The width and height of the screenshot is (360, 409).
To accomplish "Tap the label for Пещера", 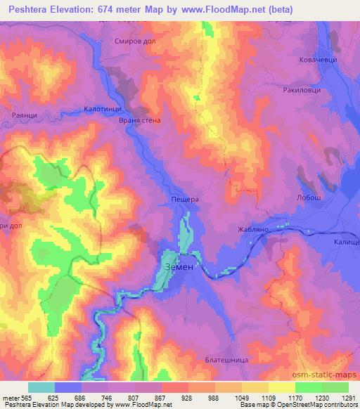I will [186, 200].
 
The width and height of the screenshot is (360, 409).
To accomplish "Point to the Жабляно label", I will [253, 229].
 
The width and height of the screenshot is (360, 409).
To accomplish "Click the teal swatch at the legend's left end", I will [41, 387].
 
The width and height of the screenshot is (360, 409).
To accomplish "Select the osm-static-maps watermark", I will [328, 374].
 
